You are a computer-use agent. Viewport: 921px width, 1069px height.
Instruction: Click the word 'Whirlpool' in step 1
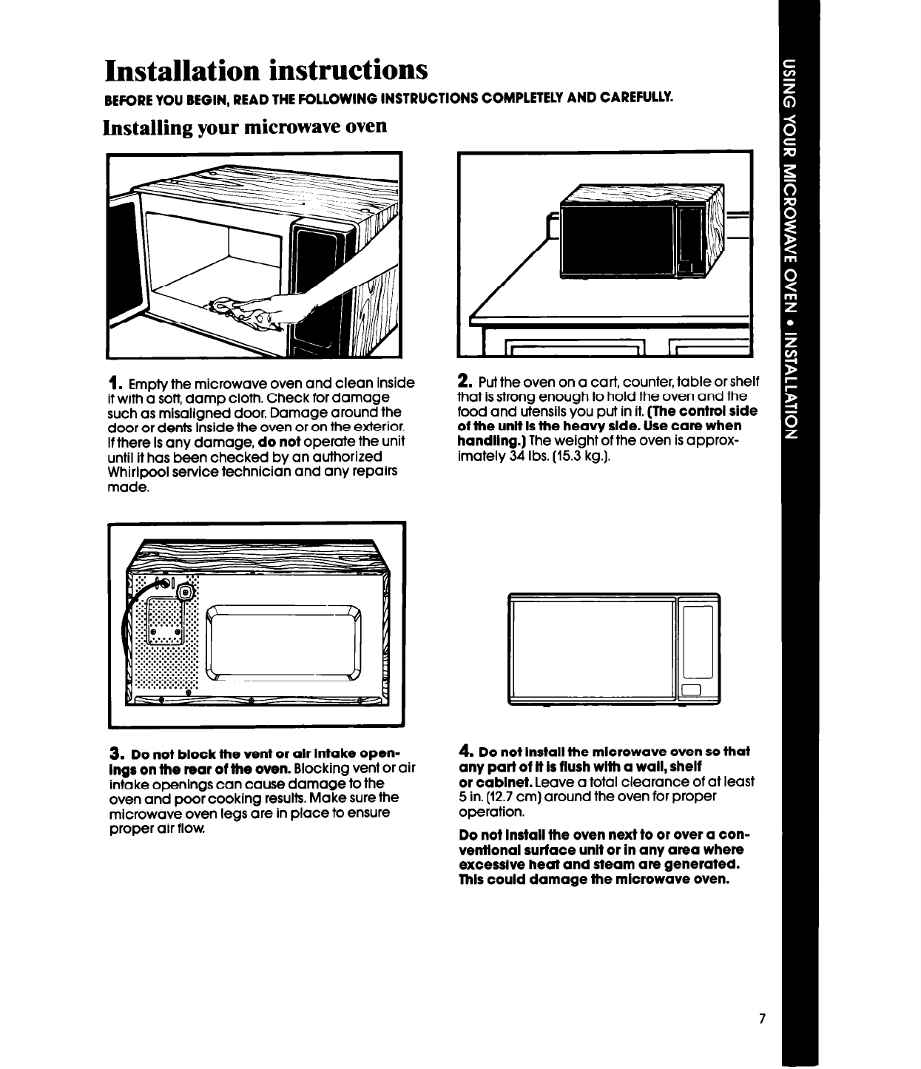tap(140, 471)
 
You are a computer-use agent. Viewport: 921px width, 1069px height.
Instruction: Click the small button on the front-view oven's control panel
tap(692, 691)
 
